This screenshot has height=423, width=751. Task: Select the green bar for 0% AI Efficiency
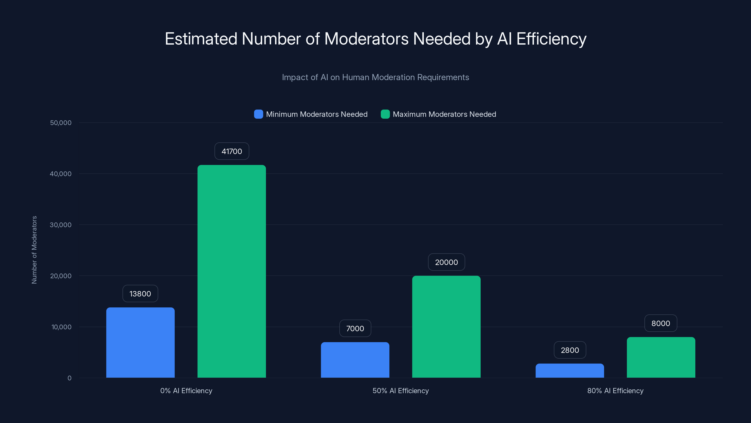[231, 271]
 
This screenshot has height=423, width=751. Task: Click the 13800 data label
[140, 294]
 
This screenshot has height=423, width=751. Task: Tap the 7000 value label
[355, 329]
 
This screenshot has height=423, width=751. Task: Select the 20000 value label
[446, 262]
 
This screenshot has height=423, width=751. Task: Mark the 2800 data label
[570, 350]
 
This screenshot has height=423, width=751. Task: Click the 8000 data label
[660, 323]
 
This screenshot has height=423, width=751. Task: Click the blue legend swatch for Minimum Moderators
[258, 114]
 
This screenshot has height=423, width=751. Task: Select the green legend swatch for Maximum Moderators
[385, 114]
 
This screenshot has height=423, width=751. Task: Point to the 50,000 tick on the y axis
[61, 123]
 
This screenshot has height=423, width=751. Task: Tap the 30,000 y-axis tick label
[61, 225]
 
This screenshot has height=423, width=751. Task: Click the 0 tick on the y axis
[69, 378]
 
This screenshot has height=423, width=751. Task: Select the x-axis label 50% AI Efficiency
[401, 391]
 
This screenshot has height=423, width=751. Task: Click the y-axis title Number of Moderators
[34, 250]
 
